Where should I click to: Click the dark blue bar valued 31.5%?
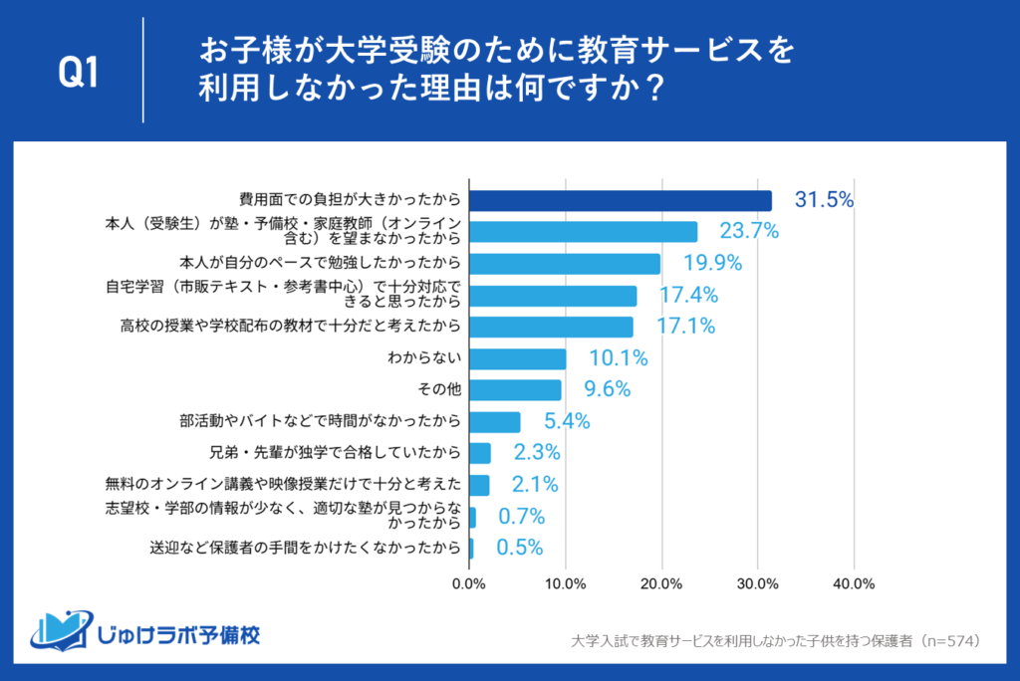[620, 200]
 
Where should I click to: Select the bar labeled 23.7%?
[583, 232]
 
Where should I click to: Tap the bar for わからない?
[517, 358]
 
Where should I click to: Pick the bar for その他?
[515, 389]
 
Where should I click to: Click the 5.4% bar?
[494, 421]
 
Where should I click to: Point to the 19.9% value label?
[711, 264]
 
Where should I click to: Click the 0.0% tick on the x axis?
[469, 583]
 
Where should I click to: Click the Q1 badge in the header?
[79, 73]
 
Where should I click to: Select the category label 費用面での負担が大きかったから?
[337, 200]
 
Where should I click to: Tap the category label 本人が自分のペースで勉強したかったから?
[320, 264]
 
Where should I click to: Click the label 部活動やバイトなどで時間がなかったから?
[321, 421]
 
